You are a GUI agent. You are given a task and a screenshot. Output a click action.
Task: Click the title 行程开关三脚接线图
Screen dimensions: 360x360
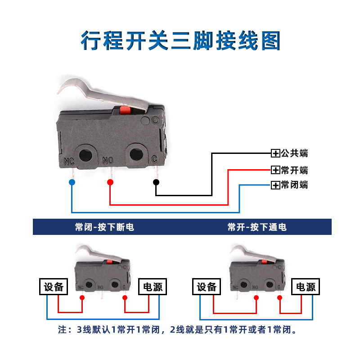180,40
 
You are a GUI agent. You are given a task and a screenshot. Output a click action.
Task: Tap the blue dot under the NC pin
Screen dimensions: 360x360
72,182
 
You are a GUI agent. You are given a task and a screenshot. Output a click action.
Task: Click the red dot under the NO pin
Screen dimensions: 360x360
110,182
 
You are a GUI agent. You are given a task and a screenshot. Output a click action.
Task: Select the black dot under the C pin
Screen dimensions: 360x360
156,182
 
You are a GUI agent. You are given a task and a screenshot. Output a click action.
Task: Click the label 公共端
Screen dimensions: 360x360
294,153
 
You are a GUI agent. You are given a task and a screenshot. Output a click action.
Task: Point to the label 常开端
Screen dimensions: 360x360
294,170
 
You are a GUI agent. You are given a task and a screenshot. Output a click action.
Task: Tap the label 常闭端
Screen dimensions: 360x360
294,184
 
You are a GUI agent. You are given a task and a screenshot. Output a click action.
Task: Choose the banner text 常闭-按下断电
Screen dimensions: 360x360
104,227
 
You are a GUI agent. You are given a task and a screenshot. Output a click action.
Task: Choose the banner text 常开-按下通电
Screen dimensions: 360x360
257,227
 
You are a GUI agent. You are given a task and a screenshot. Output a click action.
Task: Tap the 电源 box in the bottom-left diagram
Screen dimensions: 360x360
153,287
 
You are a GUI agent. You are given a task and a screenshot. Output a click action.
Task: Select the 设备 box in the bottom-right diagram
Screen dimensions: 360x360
207,287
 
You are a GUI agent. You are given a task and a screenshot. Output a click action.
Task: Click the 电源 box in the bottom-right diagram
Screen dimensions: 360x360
306,287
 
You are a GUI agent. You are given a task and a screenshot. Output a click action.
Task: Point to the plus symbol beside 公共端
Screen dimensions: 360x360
275,154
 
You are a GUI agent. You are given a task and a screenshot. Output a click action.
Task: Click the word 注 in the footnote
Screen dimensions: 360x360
63,330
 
